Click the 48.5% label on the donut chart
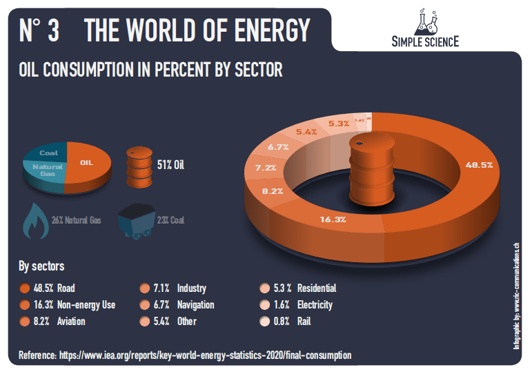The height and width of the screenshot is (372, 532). (479, 166)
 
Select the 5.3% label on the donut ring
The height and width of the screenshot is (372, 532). (339, 124)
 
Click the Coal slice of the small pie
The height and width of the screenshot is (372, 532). (48, 153)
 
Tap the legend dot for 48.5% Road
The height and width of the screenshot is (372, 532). (25, 288)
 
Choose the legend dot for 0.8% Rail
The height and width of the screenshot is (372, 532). (264, 322)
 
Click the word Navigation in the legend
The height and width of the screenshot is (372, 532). (196, 305)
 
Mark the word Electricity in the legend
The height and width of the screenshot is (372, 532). (314, 305)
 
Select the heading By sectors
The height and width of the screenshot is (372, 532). (41, 266)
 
